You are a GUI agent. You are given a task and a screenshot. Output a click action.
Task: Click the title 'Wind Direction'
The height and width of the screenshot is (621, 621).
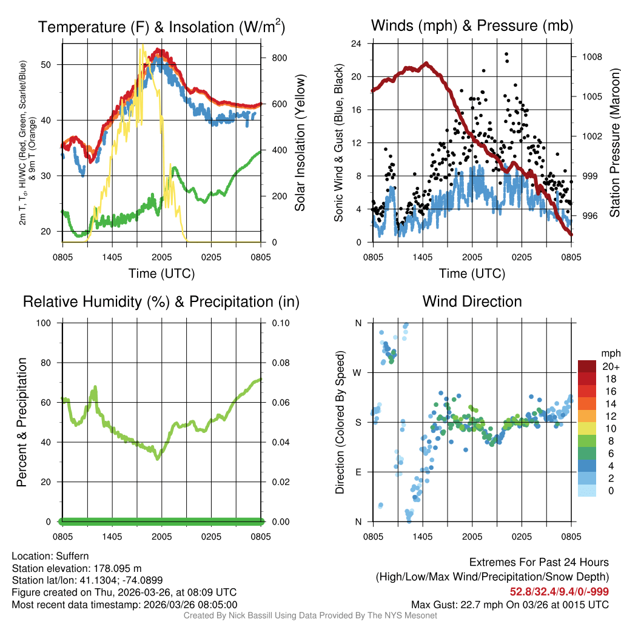[472, 301]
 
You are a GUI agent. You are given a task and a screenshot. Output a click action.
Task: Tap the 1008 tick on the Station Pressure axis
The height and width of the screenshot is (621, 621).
[590, 57]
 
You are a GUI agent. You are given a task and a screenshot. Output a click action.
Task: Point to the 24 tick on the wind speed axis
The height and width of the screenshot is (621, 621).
[357, 44]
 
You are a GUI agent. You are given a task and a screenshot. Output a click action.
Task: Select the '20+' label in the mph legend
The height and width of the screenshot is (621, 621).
[609, 367]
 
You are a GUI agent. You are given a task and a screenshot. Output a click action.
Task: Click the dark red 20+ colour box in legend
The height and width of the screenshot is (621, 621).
[588, 366]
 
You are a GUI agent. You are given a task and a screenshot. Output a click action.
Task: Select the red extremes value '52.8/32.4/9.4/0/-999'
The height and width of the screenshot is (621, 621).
[559, 592]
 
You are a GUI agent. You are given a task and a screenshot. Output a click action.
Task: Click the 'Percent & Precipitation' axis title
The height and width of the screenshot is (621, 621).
[22, 422]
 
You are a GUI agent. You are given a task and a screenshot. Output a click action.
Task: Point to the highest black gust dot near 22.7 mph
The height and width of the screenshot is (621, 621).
[506, 54]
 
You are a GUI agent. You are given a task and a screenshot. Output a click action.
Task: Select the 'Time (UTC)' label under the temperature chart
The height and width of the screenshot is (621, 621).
[161, 274]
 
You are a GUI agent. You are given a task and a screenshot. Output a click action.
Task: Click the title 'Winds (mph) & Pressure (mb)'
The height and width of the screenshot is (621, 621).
[472, 26]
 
